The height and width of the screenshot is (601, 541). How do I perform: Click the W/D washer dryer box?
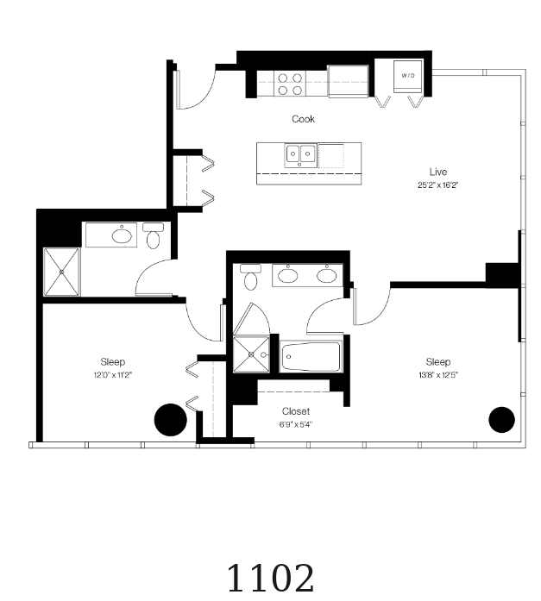pos(408,76)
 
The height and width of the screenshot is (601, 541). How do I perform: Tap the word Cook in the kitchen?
pos(303,119)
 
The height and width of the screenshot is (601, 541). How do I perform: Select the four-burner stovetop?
pos(290,84)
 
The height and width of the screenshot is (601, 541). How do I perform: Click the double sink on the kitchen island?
pos(300,154)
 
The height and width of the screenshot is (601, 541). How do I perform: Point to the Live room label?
pos(438,172)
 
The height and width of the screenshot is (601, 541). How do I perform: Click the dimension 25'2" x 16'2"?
pos(438,185)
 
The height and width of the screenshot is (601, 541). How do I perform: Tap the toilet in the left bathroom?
pos(153,235)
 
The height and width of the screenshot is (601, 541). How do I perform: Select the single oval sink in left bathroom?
pos(122,235)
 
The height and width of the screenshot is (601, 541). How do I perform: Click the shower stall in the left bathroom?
pos(62,272)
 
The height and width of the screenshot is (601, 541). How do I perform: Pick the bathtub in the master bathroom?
pos(311,356)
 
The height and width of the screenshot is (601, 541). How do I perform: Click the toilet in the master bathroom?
pos(251,277)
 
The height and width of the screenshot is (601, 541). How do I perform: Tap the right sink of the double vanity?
pos(327,275)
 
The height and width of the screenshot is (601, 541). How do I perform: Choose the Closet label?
pos(296,411)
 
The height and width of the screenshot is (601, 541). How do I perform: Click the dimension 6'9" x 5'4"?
pos(296,425)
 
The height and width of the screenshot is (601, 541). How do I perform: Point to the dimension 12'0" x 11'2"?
pos(113,375)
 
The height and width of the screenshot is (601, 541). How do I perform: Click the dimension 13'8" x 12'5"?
pos(438,375)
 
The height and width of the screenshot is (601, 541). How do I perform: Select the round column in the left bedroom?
pos(171,420)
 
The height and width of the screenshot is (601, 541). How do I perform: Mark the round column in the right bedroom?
pos(501,420)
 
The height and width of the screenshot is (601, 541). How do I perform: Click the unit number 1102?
pos(271,579)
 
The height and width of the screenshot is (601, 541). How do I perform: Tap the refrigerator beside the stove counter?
pos(348,81)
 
